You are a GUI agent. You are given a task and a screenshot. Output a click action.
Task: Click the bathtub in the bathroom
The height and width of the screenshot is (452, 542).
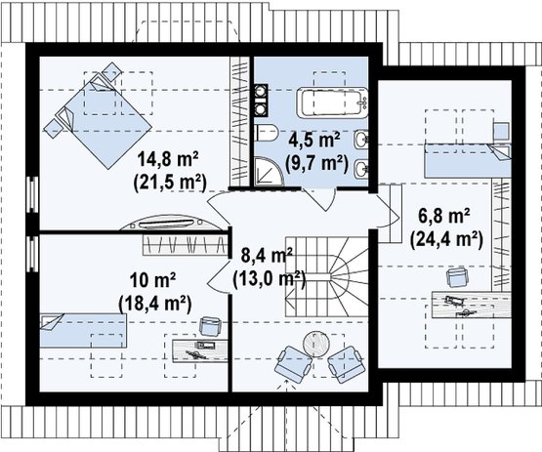332,103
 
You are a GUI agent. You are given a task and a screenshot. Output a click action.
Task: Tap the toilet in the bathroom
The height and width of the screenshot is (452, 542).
267,133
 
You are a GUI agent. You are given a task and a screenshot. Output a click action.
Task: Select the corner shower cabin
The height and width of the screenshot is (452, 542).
269,172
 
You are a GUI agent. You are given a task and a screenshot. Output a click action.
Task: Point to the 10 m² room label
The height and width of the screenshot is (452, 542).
153,280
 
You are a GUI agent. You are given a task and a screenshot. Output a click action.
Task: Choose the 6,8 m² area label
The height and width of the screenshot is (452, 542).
444,217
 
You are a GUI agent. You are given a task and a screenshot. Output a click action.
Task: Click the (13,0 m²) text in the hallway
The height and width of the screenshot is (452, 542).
270,279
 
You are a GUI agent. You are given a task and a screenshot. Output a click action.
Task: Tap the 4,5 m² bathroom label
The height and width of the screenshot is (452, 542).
314,141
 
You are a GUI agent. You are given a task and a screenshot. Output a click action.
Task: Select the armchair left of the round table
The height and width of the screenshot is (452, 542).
294,364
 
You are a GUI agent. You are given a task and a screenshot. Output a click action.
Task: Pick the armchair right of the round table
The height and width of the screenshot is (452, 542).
346,364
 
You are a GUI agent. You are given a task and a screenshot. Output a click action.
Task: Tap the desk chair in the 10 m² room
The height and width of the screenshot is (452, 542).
210,327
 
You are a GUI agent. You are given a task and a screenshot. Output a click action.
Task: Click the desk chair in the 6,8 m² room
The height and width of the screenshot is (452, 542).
458,278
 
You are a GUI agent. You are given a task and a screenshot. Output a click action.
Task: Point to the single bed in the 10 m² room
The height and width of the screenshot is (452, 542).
83,330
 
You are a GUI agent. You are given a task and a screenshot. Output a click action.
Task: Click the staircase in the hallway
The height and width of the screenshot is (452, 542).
326,276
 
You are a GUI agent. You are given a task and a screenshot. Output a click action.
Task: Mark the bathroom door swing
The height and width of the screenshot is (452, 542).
319,199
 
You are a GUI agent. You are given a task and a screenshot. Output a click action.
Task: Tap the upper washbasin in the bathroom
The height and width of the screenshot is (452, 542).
361,140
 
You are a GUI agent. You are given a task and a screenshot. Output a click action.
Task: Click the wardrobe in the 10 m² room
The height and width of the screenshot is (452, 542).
186,245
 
